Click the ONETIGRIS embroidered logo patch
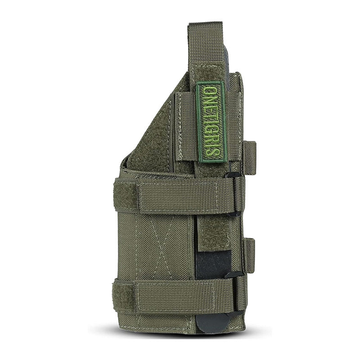pos(211,121)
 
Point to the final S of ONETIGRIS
pos(211,153)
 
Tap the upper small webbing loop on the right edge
pos(249,157)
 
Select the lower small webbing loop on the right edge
pos(248,255)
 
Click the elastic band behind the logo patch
pos(184,126)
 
